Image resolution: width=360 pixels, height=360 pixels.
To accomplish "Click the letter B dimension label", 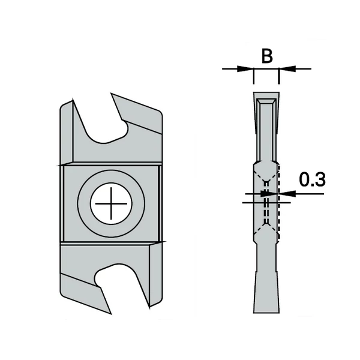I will [x=268, y=57].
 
